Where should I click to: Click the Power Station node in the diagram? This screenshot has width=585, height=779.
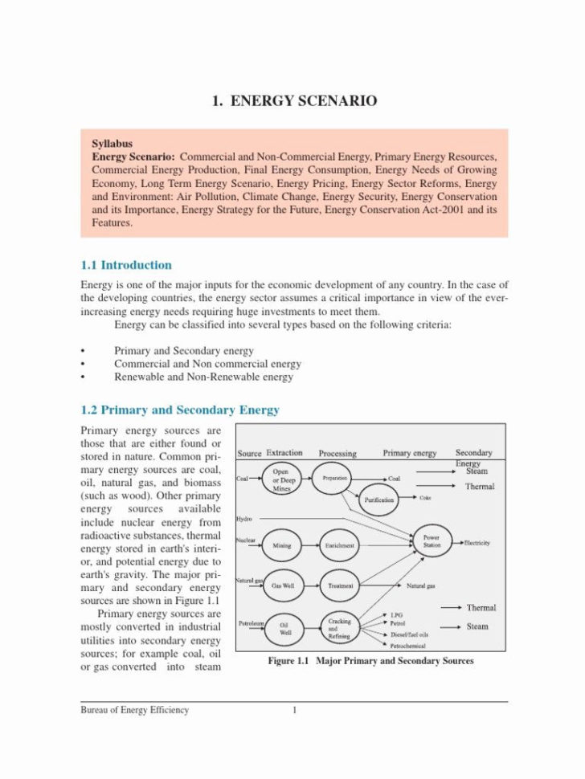(432, 541)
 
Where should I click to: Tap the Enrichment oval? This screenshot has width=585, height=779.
(340, 545)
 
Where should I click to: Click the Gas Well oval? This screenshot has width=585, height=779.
(283, 586)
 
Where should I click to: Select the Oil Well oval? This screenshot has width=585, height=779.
(284, 629)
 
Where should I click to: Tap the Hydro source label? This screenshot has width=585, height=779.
(244, 519)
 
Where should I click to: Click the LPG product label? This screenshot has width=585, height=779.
(396, 614)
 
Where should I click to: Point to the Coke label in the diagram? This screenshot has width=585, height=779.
(425, 498)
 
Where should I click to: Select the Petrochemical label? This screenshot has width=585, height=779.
(407, 645)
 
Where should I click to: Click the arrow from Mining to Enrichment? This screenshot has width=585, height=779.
(310, 545)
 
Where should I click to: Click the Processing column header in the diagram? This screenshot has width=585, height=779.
(337, 453)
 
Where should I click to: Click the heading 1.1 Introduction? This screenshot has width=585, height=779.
(126, 265)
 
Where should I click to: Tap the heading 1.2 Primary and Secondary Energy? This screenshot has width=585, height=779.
(180, 410)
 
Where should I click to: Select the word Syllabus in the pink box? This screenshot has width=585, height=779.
(112, 144)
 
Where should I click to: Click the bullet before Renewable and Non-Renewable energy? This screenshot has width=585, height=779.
(83, 377)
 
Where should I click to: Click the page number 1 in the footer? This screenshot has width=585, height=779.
(295, 710)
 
